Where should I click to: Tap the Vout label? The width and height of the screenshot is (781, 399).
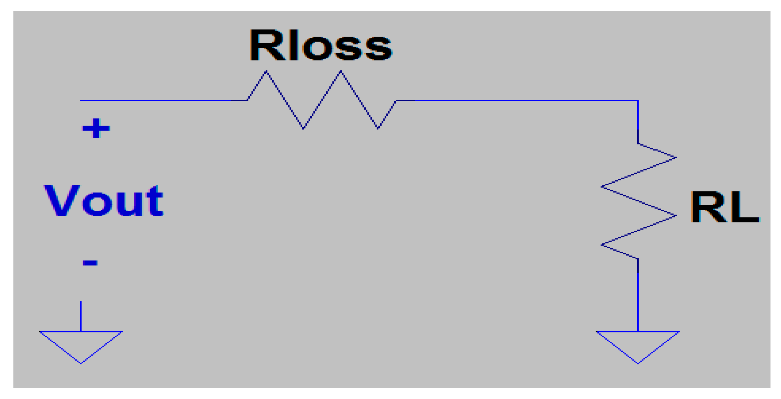tap(104, 201)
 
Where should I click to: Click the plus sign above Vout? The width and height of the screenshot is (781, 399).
tap(96, 128)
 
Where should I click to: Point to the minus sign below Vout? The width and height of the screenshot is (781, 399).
tap(90, 263)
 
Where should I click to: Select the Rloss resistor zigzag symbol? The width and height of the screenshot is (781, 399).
tap(322, 100)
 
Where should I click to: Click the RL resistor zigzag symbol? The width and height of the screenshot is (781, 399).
tap(638, 201)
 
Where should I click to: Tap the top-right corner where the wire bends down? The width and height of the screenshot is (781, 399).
tap(638, 101)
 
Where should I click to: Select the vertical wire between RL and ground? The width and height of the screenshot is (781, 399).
tap(638, 295)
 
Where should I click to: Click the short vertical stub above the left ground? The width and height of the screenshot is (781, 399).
tap(81, 316)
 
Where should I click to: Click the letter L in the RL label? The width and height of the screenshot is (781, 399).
tap(744, 208)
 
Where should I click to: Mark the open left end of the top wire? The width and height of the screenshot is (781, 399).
tap(81, 100)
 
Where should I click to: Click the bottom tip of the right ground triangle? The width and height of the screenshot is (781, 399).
tap(638, 363)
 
